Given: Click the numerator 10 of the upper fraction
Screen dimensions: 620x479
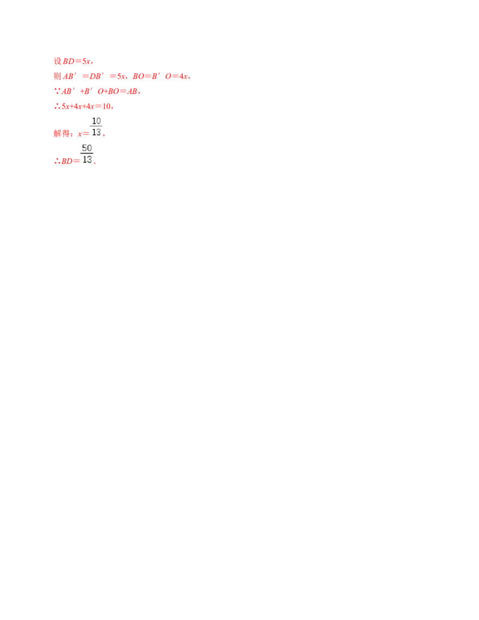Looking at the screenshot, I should [x=96, y=121].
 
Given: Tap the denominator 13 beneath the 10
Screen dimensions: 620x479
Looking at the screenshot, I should [x=96, y=132].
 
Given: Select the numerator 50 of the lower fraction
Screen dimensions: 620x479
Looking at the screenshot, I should [x=87, y=148].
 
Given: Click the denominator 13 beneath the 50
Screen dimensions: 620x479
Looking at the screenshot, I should [x=87, y=160].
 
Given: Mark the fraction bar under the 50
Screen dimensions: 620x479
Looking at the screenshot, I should [x=87, y=154].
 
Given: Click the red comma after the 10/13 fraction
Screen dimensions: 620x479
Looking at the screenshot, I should [x=104, y=136].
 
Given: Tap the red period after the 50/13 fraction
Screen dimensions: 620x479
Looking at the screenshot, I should [x=95, y=163].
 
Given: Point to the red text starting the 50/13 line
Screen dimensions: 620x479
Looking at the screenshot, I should [x=62, y=161].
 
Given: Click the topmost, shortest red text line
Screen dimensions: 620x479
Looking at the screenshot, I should [x=74, y=61].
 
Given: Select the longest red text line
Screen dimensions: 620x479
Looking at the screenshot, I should [x=122, y=77].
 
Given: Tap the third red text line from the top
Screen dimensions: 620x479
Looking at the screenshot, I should [x=98, y=92].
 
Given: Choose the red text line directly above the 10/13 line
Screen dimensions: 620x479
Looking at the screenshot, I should [x=83, y=106].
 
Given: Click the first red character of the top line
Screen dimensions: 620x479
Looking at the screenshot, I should [x=56, y=61].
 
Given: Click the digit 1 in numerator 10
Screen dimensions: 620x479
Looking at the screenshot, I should [x=93, y=121].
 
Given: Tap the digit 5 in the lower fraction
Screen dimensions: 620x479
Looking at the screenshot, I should [x=84, y=148].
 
